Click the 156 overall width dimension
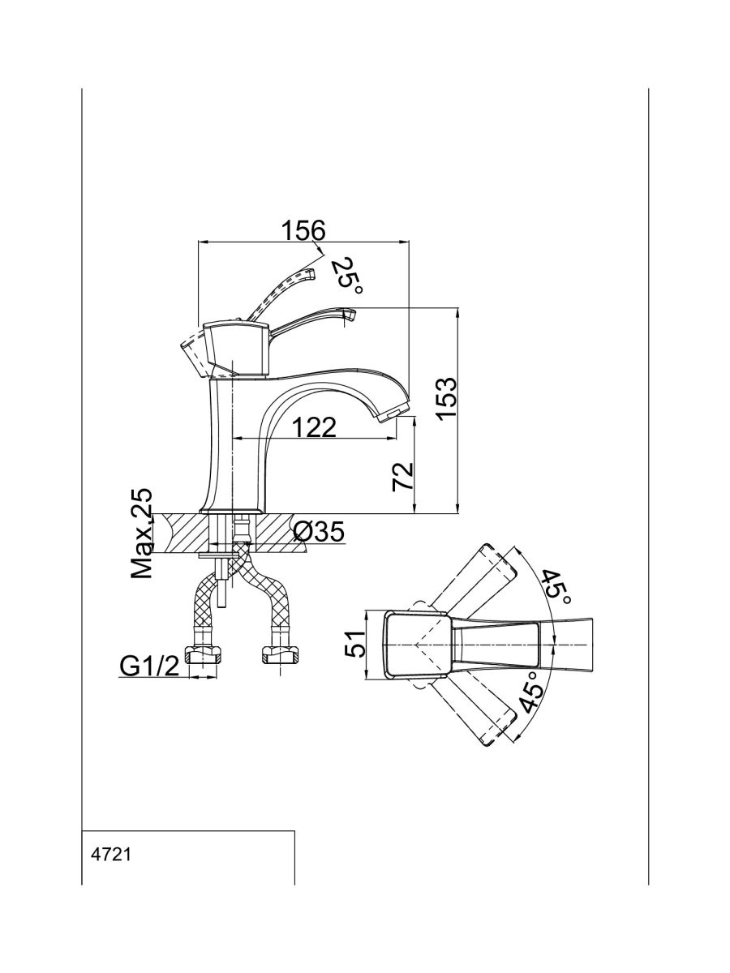[x=303, y=230]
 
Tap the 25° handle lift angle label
[x=347, y=274]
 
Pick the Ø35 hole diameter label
[x=320, y=533]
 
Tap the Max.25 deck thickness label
[x=143, y=533]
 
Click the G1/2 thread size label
[x=149, y=666]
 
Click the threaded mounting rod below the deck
[x=221, y=592]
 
